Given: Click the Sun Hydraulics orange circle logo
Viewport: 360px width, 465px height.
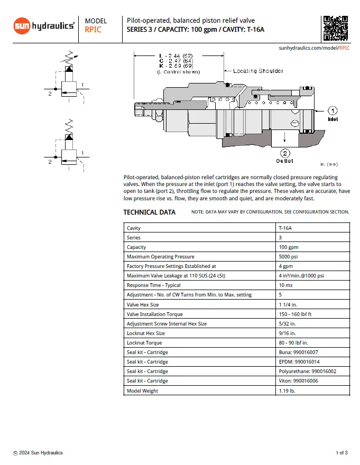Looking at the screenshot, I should (x=22, y=26).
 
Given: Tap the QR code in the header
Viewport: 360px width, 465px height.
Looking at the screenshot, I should (x=335, y=29).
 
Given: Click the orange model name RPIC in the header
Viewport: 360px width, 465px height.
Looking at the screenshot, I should (x=93, y=30).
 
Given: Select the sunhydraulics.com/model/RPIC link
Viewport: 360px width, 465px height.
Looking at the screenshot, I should (x=314, y=48).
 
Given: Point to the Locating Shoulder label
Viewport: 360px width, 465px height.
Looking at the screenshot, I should (x=258, y=71).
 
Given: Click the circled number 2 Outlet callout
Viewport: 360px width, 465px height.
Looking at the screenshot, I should (x=285, y=154).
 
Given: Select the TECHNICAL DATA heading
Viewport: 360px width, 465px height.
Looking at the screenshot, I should (x=149, y=212).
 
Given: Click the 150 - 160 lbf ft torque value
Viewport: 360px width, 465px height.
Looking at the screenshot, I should (x=297, y=314).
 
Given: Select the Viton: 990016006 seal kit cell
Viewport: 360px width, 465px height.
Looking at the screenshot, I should (x=298, y=381).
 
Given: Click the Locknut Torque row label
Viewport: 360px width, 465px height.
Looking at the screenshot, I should (x=144, y=343).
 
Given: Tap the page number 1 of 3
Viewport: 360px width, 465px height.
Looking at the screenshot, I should (x=341, y=453).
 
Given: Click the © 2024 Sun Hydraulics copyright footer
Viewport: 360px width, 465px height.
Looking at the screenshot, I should (x=38, y=453).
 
